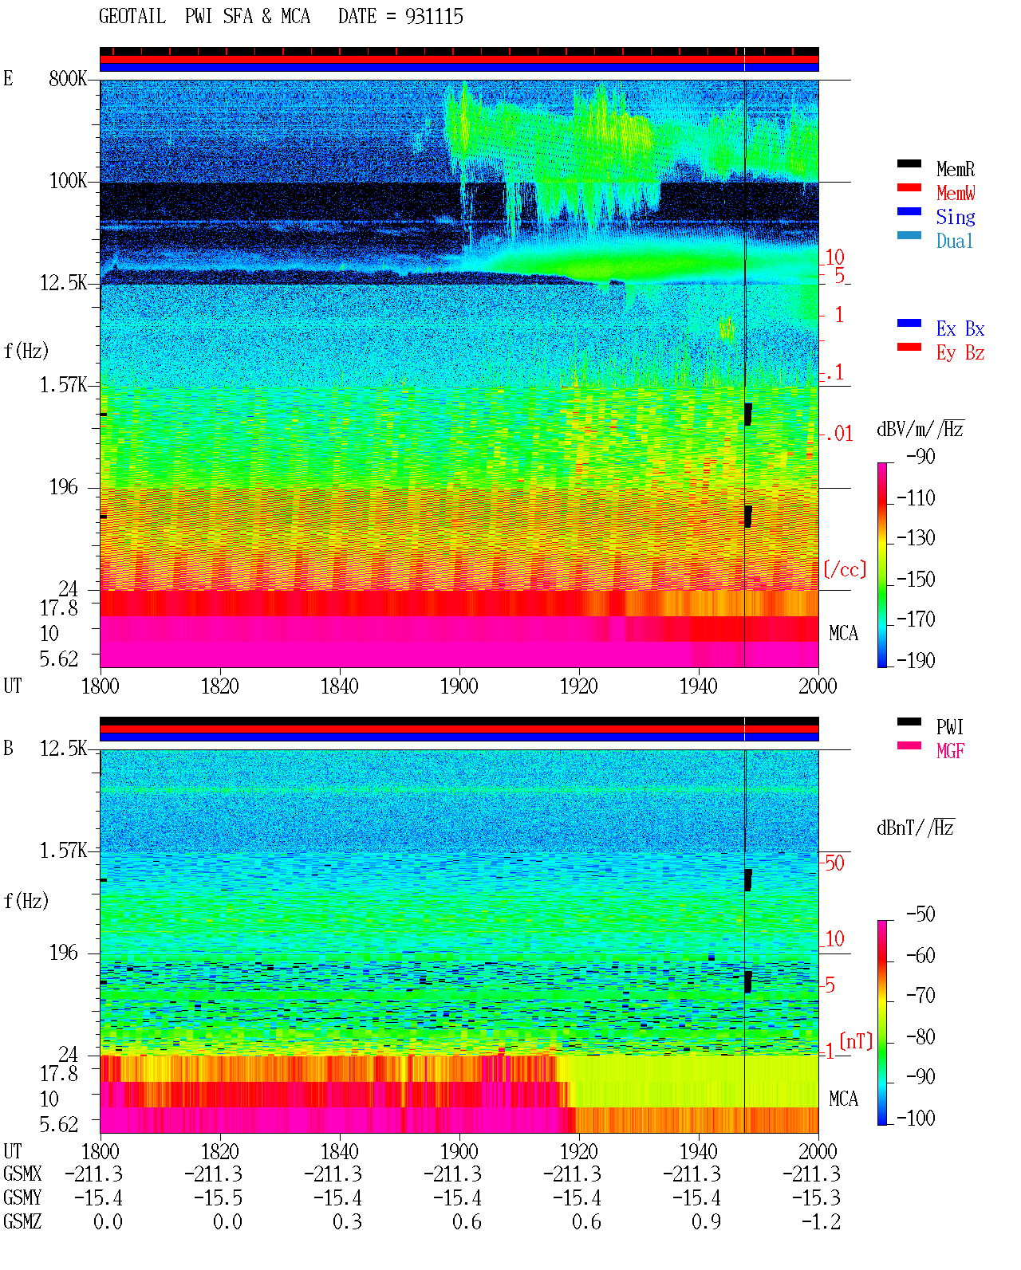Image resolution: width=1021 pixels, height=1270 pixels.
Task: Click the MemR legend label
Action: [x=955, y=169]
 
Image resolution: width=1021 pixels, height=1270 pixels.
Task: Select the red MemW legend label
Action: [x=955, y=193]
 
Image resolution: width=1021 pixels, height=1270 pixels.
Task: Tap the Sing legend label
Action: [x=955, y=217]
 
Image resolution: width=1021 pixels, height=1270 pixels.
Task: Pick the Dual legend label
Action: [x=954, y=241]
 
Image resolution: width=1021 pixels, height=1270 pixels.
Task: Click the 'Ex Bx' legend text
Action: [x=960, y=328]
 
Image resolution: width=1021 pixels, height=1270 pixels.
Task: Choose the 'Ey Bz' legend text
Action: [x=960, y=353]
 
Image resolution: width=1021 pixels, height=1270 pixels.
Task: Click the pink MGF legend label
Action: [x=950, y=751]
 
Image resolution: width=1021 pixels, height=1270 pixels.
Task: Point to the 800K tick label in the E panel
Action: [x=68, y=78]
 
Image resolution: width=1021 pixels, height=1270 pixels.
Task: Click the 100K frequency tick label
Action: [x=68, y=181]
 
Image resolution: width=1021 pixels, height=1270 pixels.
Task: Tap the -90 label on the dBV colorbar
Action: [x=920, y=456]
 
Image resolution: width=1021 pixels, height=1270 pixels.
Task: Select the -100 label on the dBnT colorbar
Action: [x=916, y=1118]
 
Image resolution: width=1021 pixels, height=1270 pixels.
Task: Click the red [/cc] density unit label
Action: [x=845, y=569]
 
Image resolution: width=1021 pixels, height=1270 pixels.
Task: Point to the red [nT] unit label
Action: [x=856, y=1042]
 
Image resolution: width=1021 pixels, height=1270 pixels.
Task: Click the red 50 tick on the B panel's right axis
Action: [x=834, y=863]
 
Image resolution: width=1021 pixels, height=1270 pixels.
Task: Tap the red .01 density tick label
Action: [x=838, y=434]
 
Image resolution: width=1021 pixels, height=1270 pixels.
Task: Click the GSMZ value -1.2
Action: [x=821, y=1221]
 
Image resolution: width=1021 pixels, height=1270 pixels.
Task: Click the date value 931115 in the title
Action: [x=434, y=17]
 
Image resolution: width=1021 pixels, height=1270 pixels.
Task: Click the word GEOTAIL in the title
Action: [x=132, y=16]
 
